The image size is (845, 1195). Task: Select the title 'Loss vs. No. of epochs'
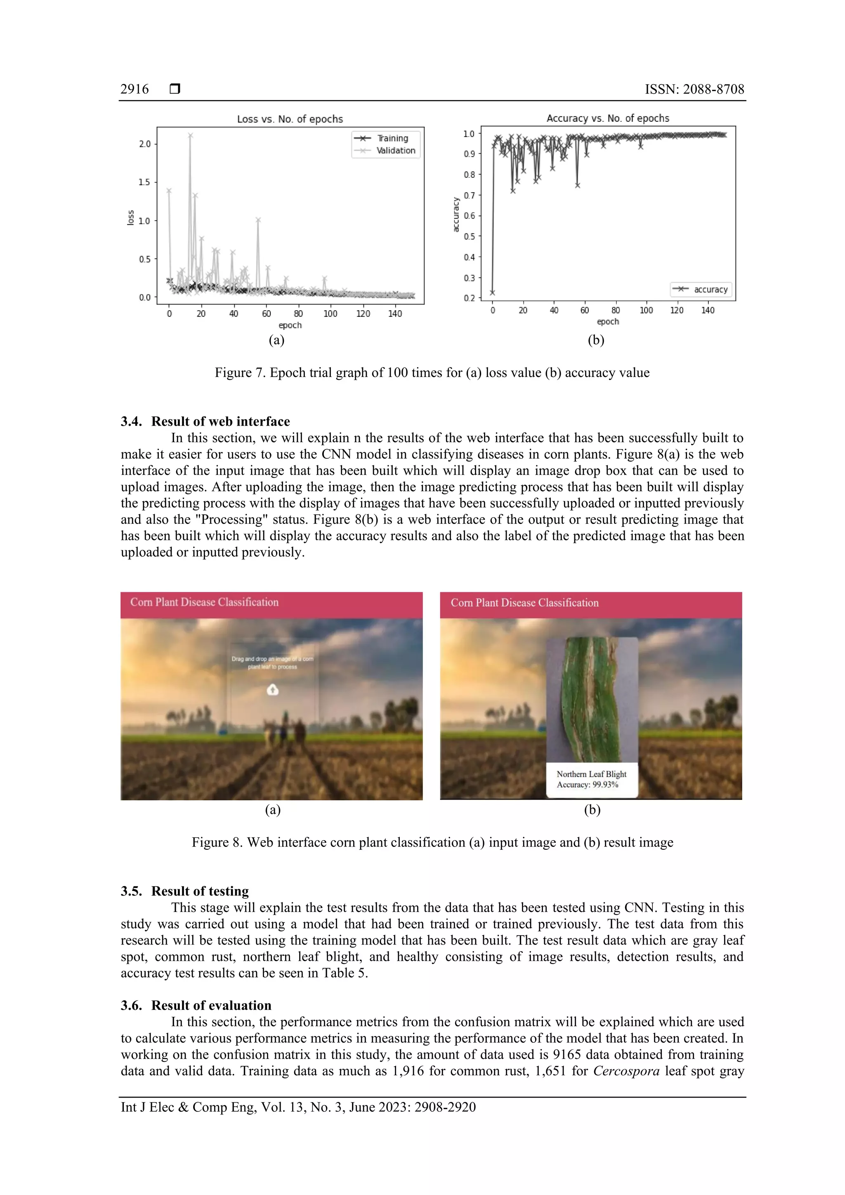290,119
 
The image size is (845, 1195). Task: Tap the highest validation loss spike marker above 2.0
191,135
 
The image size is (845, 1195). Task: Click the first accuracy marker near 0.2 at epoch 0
493,292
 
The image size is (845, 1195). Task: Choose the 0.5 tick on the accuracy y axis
469,236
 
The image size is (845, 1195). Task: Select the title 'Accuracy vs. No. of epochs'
608,118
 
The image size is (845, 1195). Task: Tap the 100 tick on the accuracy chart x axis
646,310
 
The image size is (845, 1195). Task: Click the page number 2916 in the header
135,89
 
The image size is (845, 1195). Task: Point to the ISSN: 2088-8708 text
694,89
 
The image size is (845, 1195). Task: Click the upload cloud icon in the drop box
273,690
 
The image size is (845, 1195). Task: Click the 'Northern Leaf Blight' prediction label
591,774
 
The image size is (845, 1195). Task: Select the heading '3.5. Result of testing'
185,891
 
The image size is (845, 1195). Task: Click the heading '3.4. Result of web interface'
205,421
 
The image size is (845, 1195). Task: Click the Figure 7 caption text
432,372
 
